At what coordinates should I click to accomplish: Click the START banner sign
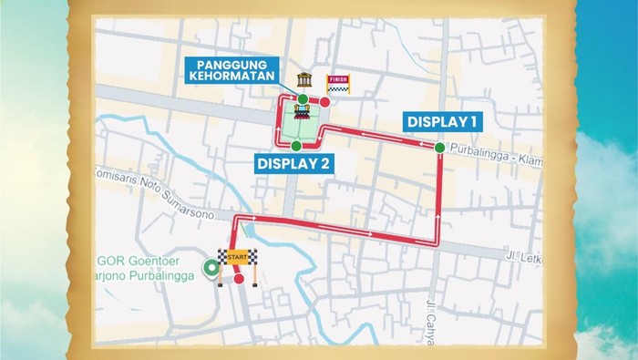coord(239,258)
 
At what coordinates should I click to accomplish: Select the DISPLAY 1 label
coord(442,121)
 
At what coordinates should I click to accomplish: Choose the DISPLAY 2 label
coord(293,164)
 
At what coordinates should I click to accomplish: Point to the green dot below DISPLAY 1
coord(440,148)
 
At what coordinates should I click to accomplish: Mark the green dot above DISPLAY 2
coord(296,145)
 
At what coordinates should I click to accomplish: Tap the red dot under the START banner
coord(239,279)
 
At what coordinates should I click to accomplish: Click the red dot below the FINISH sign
coord(324,103)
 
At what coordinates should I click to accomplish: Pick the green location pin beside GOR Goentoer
coord(211,270)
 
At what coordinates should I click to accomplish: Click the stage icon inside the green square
coord(301,114)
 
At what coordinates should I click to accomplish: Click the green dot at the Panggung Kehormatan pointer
coord(302,98)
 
